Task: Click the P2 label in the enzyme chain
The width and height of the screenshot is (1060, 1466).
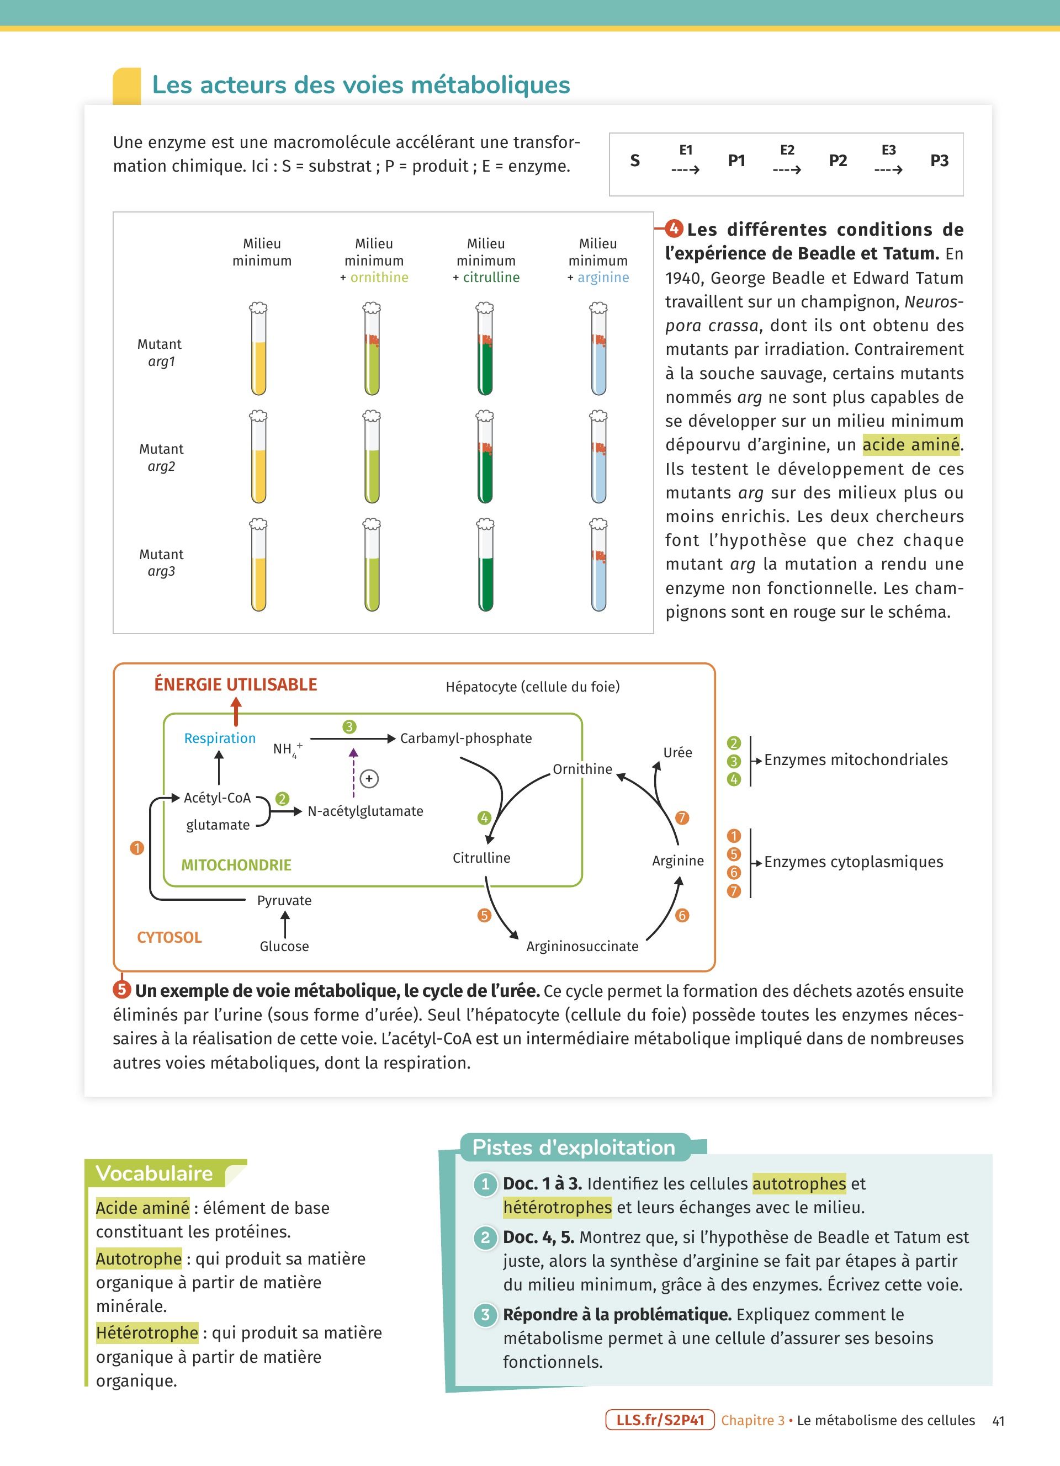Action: [838, 160]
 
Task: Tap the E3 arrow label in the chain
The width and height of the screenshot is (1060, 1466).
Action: [888, 151]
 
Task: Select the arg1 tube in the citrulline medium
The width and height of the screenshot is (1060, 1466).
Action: [485, 349]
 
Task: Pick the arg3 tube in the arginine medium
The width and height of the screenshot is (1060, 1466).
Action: [598, 565]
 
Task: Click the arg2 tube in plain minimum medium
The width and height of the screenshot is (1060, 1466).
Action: [258, 457]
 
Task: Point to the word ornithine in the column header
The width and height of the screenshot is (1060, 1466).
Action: [379, 277]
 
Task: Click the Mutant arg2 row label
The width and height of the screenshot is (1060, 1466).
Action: [161, 458]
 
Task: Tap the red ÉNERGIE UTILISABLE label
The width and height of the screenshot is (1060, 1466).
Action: [235, 684]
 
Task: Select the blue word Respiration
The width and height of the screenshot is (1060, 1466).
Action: [220, 738]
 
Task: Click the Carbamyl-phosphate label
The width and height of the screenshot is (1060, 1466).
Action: [466, 738]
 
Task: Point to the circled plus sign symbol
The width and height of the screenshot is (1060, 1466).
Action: [369, 779]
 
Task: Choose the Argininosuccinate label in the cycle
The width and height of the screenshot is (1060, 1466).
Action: [582, 946]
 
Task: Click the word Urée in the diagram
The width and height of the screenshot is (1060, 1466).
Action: [677, 752]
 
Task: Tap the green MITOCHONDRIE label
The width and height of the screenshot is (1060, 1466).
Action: [236, 865]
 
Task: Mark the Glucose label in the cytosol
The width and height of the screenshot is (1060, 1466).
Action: [284, 946]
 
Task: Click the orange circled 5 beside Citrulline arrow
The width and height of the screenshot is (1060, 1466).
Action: [484, 915]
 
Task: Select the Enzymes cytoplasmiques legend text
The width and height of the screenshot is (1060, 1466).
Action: [853, 862]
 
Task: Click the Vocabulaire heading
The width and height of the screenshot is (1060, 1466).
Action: [155, 1173]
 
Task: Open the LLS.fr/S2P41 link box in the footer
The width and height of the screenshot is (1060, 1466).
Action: [659, 1420]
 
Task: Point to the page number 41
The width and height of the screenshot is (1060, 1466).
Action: [998, 1421]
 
